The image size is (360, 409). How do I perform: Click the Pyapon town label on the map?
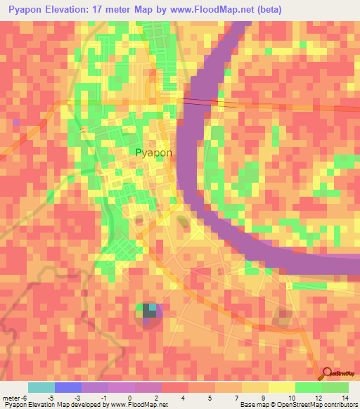coord(153,152)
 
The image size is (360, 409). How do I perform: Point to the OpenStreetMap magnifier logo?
coord(328,373)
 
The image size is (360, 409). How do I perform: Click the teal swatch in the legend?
coord(41,387)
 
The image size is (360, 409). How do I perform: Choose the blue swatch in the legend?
coord(68,387)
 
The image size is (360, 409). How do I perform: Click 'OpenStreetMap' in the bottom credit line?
coord(288,405)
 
